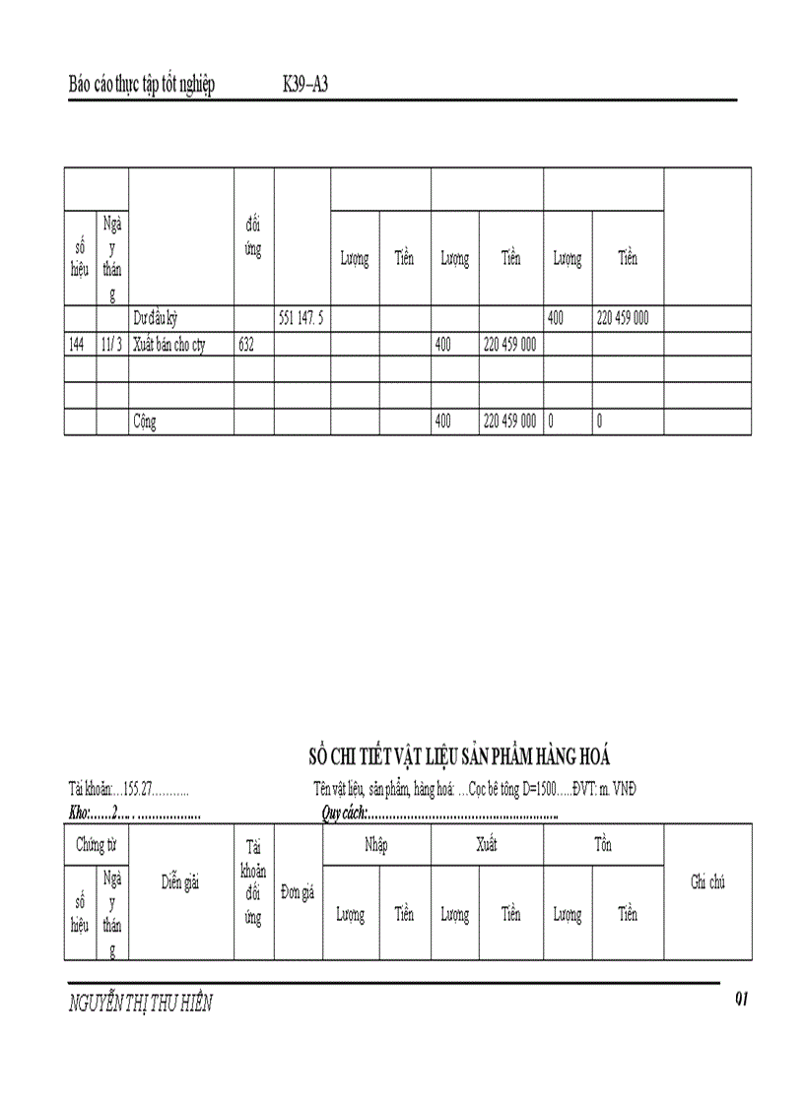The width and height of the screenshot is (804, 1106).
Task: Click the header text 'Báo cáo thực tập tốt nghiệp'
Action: click(142, 85)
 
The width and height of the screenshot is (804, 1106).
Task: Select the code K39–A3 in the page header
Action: click(304, 85)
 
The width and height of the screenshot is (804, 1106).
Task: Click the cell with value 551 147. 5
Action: click(302, 318)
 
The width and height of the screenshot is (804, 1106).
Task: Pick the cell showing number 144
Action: click(79, 345)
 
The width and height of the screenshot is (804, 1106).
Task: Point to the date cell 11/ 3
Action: click(112, 345)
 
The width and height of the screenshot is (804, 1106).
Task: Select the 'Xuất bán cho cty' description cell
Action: click(169, 345)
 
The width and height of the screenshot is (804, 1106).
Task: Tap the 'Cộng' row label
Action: click(145, 422)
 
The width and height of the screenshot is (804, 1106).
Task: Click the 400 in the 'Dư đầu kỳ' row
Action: click(557, 318)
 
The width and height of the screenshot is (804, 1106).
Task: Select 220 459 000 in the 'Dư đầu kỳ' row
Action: click(623, 318)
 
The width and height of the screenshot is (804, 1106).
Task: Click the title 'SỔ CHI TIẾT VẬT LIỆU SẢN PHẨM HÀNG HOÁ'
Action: click(459, 756)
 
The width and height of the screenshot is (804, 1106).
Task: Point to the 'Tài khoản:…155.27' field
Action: click(128, 789)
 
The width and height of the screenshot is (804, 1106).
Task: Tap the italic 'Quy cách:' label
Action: click(344, 813)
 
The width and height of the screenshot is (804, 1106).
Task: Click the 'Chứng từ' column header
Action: click(97, 845)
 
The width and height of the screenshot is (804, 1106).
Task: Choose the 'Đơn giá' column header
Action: click(298, 892)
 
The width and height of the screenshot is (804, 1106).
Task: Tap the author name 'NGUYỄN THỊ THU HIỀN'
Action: click(141, 1005)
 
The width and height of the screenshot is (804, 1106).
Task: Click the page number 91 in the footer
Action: click(742, 1000)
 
